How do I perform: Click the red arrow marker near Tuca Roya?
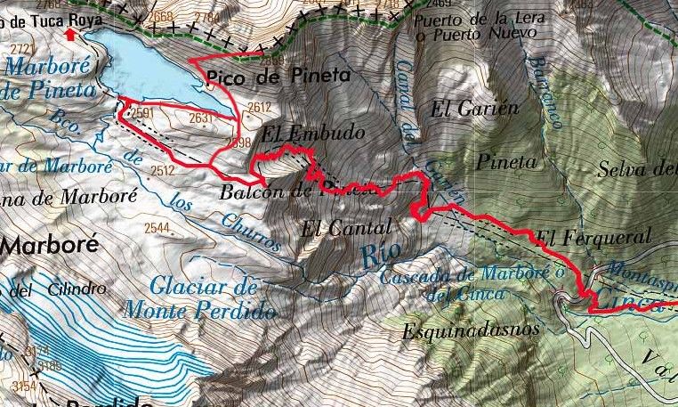pyautogui.click(x=71, y=35)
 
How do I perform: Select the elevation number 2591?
pyautogui.click(x=144, y=113)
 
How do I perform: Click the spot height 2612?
pyautogui.click(x=259, y=108)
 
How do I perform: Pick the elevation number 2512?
pyautogui.click(x=161, y=170)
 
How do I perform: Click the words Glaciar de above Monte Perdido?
pyautogui.click(x=204, y=287)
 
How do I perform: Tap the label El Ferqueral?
pyautogui.click(x=594, y=237)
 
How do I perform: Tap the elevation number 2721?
pyautogui.click(x=23, y=48)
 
